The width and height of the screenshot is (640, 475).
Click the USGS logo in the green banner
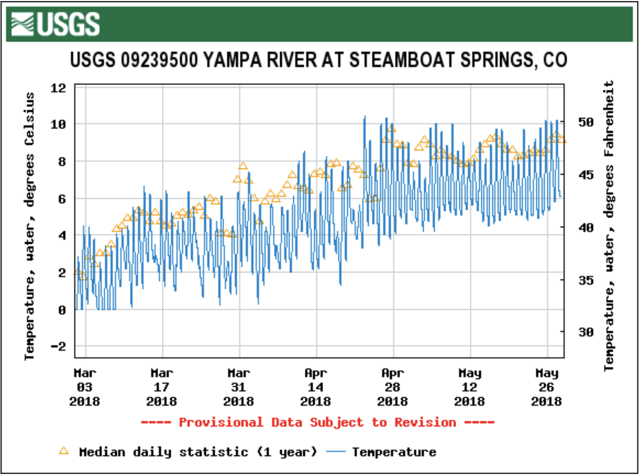55,24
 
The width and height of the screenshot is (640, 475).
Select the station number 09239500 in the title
159,60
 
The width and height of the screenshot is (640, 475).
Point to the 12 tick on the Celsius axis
58,88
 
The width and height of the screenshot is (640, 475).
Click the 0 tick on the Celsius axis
62,310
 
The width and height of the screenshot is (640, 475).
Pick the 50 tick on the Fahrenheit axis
586,122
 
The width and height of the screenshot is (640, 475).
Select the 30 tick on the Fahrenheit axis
586,332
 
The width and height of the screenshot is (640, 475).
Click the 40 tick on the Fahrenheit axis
586,228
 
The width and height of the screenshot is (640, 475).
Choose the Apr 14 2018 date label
316,387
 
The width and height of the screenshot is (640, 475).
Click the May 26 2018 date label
547,387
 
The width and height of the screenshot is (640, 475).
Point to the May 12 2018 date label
470,387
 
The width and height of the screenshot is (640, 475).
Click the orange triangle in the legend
64,451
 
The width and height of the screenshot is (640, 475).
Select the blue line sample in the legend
335,452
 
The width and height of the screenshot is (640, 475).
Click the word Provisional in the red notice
221,422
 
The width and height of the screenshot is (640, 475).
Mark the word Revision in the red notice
425,422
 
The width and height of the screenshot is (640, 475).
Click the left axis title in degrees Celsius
29,226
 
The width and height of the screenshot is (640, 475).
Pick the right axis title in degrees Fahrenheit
609,226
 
